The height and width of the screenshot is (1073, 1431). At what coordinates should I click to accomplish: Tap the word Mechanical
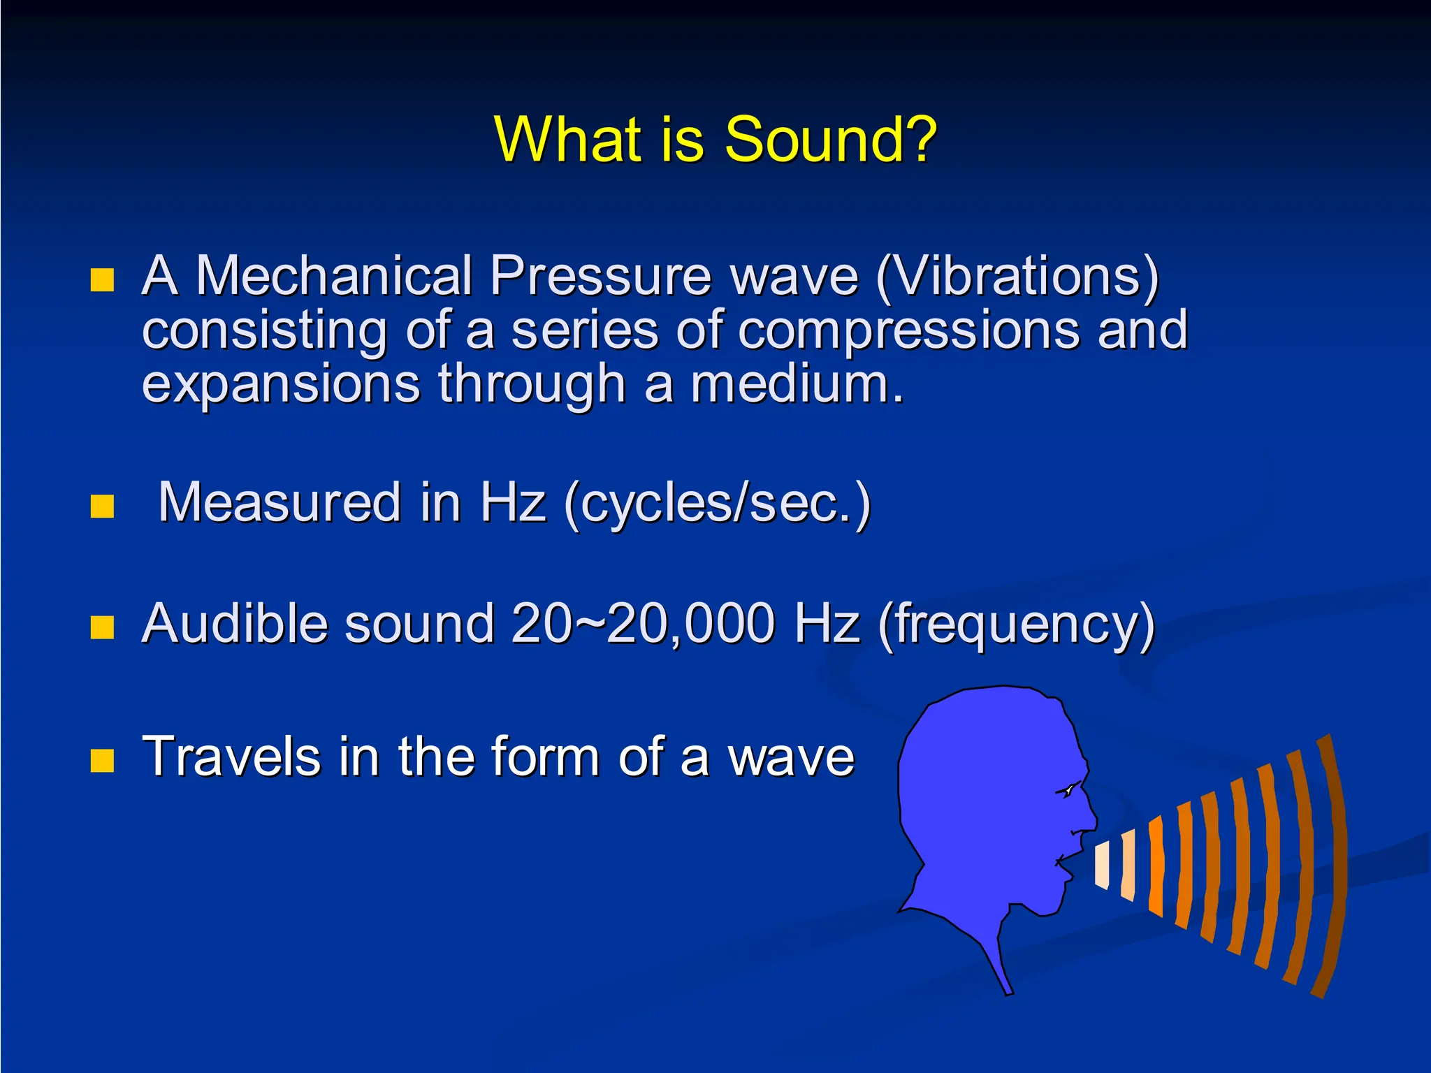click(334, 275)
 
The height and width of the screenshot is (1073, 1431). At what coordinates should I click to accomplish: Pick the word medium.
click(797, 384)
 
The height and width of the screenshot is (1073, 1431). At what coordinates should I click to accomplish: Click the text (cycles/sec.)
click(717, 503)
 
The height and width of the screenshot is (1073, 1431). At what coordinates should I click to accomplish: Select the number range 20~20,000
click(643, 623)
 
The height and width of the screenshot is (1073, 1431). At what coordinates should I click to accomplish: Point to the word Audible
click(234, 623)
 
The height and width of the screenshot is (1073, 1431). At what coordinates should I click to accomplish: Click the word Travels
click(231, 756)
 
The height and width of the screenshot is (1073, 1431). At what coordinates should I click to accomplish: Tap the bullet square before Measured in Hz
click(102, 506)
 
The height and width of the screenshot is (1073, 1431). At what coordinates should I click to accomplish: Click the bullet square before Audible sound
click(102, 627)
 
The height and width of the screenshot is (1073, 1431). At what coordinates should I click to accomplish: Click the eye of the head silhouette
click(1068, 791)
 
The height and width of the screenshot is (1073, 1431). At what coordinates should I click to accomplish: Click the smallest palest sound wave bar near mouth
click(1102, 866)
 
